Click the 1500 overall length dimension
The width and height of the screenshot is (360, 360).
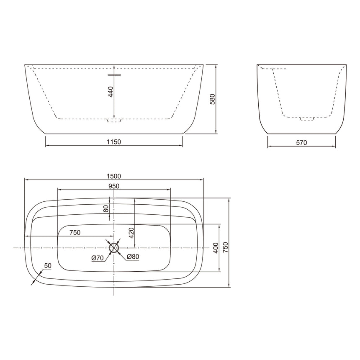tap(113, 176)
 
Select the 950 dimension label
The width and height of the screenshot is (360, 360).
tap(114, 186)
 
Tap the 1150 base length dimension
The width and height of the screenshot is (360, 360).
tap(113, 142)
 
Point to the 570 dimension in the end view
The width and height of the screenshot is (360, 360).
tap(301, 143)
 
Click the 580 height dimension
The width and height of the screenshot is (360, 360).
tap(213, 99)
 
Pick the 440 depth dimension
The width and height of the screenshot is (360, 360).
tap(111, 92)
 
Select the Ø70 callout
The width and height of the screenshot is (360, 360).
tap(98, 258)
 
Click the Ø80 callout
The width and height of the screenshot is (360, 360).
tap(133, 257)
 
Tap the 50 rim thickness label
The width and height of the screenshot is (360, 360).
tap(48, 266)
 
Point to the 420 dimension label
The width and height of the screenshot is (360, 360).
tap(131, 233)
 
